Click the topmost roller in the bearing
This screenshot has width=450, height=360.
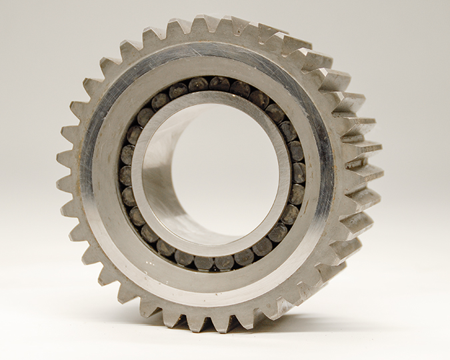[218, 83]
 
